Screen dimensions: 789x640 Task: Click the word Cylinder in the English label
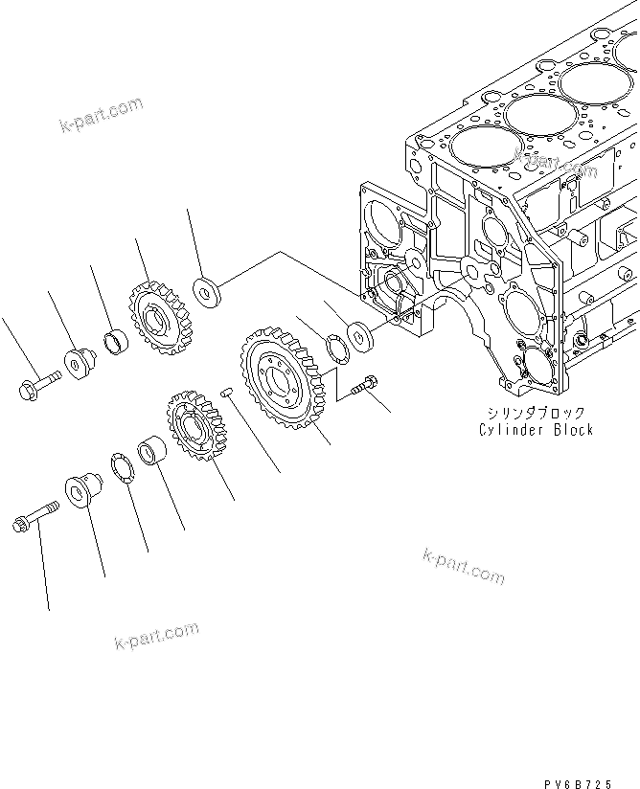511,429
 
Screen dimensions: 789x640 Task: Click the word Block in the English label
571,429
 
